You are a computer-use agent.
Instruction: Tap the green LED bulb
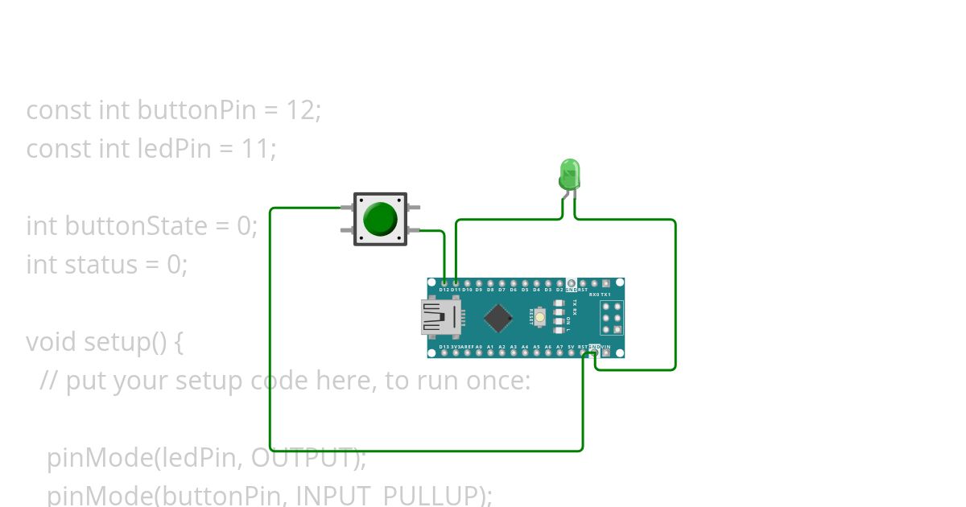[x=569, y=173]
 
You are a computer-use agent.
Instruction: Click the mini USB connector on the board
[x=440, y=317]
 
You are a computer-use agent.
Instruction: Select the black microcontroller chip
[x=499, y=318]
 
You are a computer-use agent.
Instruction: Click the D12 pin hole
[x=444, y=283]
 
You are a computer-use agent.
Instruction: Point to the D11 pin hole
[x=456, y=283]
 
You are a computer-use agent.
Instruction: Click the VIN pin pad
[x=605, y=352]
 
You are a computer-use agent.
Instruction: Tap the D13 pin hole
[x=444, y=352]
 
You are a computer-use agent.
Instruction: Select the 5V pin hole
[x=571, y=352]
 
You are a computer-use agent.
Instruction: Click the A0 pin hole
[x=479, y=352]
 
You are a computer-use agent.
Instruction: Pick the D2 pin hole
[x=559, y=283]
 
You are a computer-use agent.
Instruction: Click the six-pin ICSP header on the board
[x=611, y=318]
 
